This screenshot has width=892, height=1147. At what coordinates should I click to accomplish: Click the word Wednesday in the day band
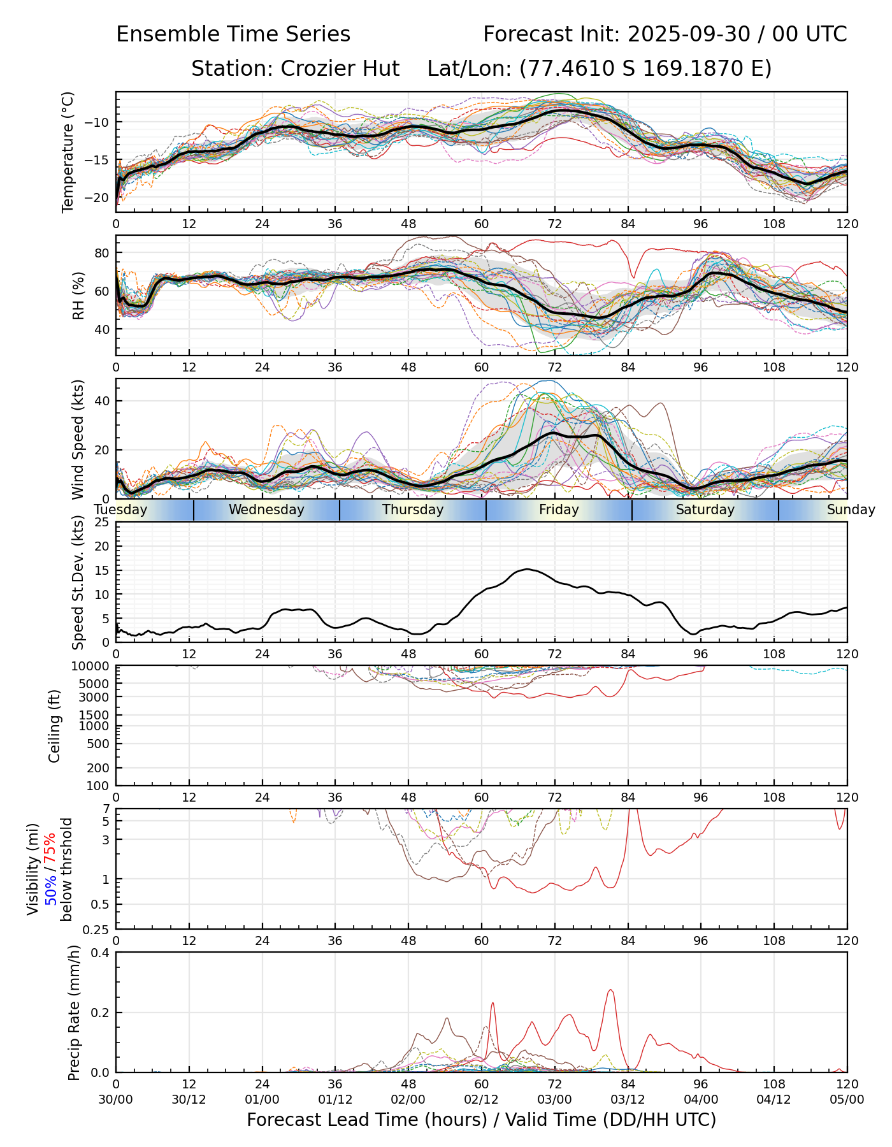tap(266, 510)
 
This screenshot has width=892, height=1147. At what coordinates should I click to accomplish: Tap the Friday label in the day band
tap(559, 510)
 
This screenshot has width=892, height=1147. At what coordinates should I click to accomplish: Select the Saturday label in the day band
tap(705, 510)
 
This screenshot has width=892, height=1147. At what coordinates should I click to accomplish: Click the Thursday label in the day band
tap(413, 510)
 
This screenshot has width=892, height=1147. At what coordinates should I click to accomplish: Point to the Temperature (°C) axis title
tap(68, 152)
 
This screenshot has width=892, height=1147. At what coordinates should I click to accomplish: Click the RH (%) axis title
tap(78, 295)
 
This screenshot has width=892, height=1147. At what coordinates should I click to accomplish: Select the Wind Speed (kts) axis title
tap(78, 439)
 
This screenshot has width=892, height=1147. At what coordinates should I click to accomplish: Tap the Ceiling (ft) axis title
tap(55, 726)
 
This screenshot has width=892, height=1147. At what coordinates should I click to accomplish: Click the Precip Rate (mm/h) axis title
tap(74, 1013)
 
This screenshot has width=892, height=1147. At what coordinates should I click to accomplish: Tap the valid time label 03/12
tap(628, 1099)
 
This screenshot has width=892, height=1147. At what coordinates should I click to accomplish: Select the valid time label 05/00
tap(847, 1099)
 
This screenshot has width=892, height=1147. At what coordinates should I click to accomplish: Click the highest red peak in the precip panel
tap(610, 990)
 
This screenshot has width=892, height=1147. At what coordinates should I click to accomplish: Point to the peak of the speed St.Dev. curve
tap(527, 569)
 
